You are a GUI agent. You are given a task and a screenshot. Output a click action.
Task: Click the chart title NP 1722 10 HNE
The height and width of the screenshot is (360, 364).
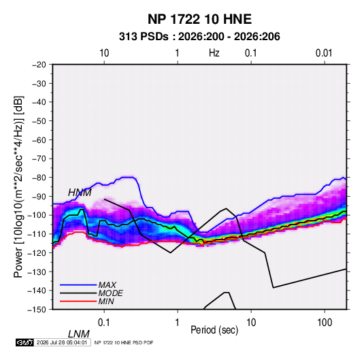[199, 19]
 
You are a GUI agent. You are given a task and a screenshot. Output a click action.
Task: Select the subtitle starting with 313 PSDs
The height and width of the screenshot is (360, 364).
[199, 37]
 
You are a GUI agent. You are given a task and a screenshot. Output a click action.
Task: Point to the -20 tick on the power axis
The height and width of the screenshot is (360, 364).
[39, 65]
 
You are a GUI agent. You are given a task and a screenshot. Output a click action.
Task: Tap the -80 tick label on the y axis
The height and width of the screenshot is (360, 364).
[39, 178]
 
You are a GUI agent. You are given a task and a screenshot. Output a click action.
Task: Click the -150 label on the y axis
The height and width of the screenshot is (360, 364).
[37, 310]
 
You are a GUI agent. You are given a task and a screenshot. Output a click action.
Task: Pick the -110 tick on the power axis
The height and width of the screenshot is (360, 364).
[37, 234]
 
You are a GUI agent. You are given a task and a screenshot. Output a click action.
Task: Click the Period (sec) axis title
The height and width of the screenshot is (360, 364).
[214, 330]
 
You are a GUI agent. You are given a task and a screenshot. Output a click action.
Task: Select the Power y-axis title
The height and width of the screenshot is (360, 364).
[18, 186]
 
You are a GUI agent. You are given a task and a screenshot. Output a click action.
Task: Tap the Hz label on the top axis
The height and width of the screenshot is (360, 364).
[214, 53]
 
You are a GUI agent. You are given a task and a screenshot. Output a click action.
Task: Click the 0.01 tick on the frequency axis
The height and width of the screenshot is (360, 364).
[324, 53]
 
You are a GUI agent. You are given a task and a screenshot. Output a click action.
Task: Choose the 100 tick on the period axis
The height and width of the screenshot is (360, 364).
[325, 323]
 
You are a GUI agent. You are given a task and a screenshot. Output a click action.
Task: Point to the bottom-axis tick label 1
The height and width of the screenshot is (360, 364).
[178, 323]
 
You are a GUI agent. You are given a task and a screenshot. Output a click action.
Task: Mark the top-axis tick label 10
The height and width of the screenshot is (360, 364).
[104, 53]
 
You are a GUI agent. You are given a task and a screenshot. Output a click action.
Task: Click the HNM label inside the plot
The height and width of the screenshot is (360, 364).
[80, 193]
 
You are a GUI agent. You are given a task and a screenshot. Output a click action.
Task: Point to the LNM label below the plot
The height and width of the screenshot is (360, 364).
[78, 334]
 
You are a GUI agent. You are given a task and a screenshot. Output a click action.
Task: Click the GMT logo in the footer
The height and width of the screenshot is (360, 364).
[25, 342]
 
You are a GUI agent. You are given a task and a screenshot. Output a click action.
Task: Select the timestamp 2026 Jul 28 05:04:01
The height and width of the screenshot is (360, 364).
[62, 342]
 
